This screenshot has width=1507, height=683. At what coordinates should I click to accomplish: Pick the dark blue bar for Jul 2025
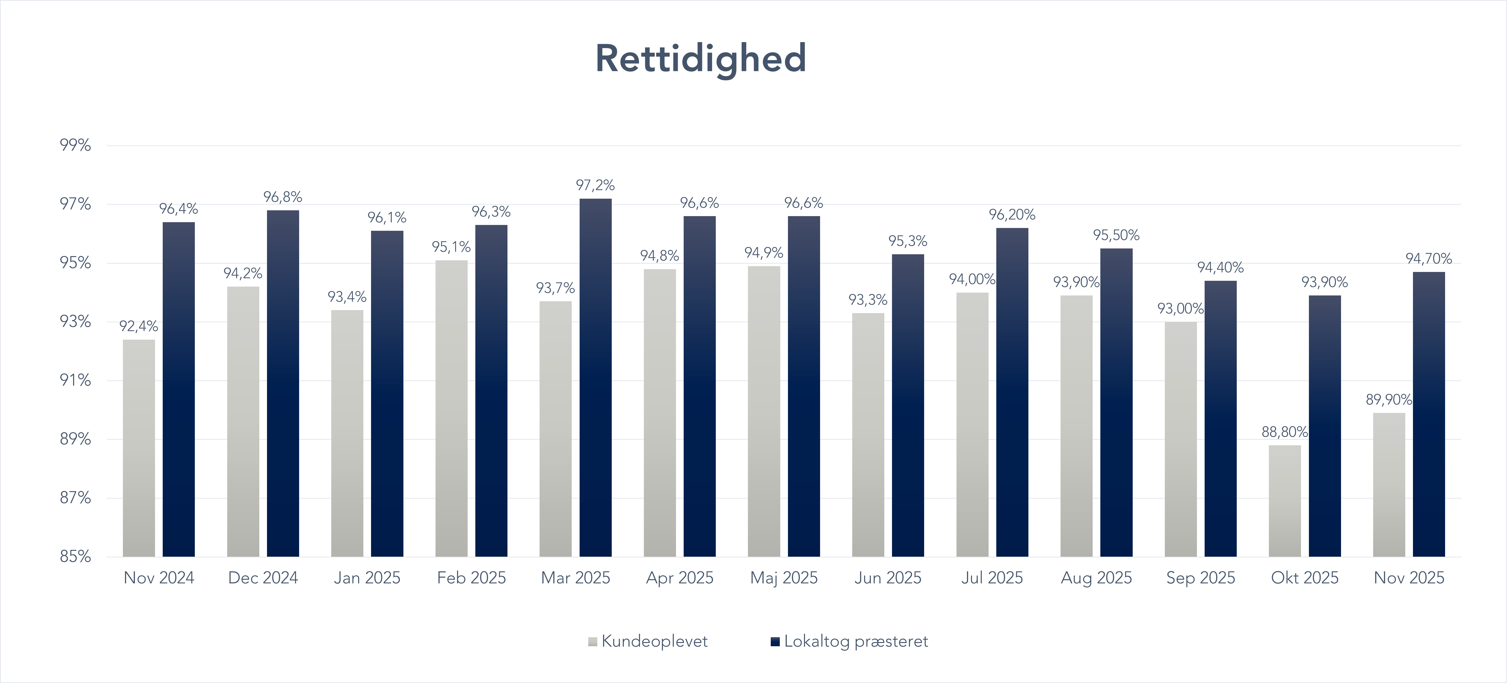coord(1012,392)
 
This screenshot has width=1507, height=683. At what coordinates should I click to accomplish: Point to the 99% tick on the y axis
coord(75,145)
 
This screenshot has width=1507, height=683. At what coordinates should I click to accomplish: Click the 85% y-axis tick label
coord(75,556)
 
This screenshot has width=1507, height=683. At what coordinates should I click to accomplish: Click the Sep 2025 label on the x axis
coord(1200,578)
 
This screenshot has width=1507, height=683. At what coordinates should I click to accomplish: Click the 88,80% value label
coord(1285,432)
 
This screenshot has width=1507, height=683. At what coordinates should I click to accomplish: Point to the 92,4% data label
coord(139,326)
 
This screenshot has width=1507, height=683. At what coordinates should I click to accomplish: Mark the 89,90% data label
coord(1389,400)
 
